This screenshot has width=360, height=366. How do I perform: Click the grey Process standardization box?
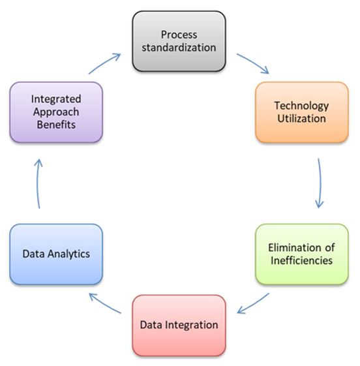(179, 41)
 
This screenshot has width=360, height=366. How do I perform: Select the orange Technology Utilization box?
(302, 112)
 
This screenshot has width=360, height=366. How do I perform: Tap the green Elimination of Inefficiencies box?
(302, 254)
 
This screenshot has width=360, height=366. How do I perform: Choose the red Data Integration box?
(179, 325)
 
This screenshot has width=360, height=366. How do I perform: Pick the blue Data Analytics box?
(56, 254)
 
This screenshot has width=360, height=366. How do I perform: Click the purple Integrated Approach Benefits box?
(56, 112)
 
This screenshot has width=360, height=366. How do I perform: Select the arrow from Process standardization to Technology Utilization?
(254, 63)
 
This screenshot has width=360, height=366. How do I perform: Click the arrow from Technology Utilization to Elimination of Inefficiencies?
(320, 183)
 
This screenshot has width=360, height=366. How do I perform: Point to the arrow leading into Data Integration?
(252, 303)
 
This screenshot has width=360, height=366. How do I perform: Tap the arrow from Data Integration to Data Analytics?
(104, 303)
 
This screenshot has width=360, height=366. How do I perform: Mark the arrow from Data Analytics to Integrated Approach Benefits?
(38, 184)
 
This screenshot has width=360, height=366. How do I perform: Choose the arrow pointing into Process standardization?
(105, 63)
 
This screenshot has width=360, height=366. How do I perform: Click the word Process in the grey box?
(179, 35)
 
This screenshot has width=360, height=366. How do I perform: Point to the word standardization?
(179, 48)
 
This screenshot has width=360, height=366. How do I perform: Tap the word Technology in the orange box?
(301, 106)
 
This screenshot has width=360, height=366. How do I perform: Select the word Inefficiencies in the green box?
(302, 260)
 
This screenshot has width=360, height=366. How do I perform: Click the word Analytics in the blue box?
(68, 254)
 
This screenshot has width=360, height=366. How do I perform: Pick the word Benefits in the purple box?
(56, 125)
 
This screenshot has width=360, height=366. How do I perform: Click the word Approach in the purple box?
(56, 112)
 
